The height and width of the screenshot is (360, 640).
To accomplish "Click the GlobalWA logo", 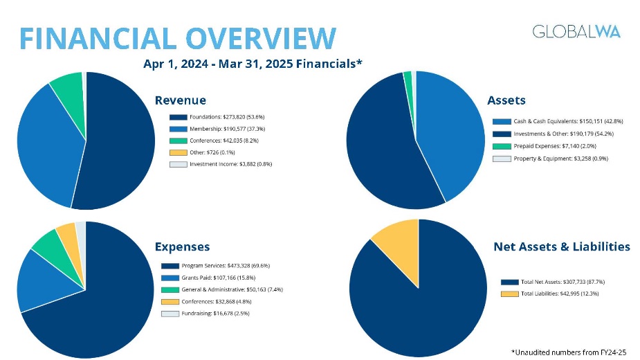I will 576,31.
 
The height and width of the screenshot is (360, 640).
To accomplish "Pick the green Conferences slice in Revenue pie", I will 68,87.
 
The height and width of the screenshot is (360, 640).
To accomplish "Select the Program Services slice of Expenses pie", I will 97,312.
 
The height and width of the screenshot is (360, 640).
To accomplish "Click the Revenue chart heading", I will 180,101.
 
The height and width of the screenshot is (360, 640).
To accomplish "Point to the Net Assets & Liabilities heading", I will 561,246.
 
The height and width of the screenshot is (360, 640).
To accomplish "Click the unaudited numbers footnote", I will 569,352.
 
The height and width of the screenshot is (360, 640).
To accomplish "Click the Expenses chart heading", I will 182,246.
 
